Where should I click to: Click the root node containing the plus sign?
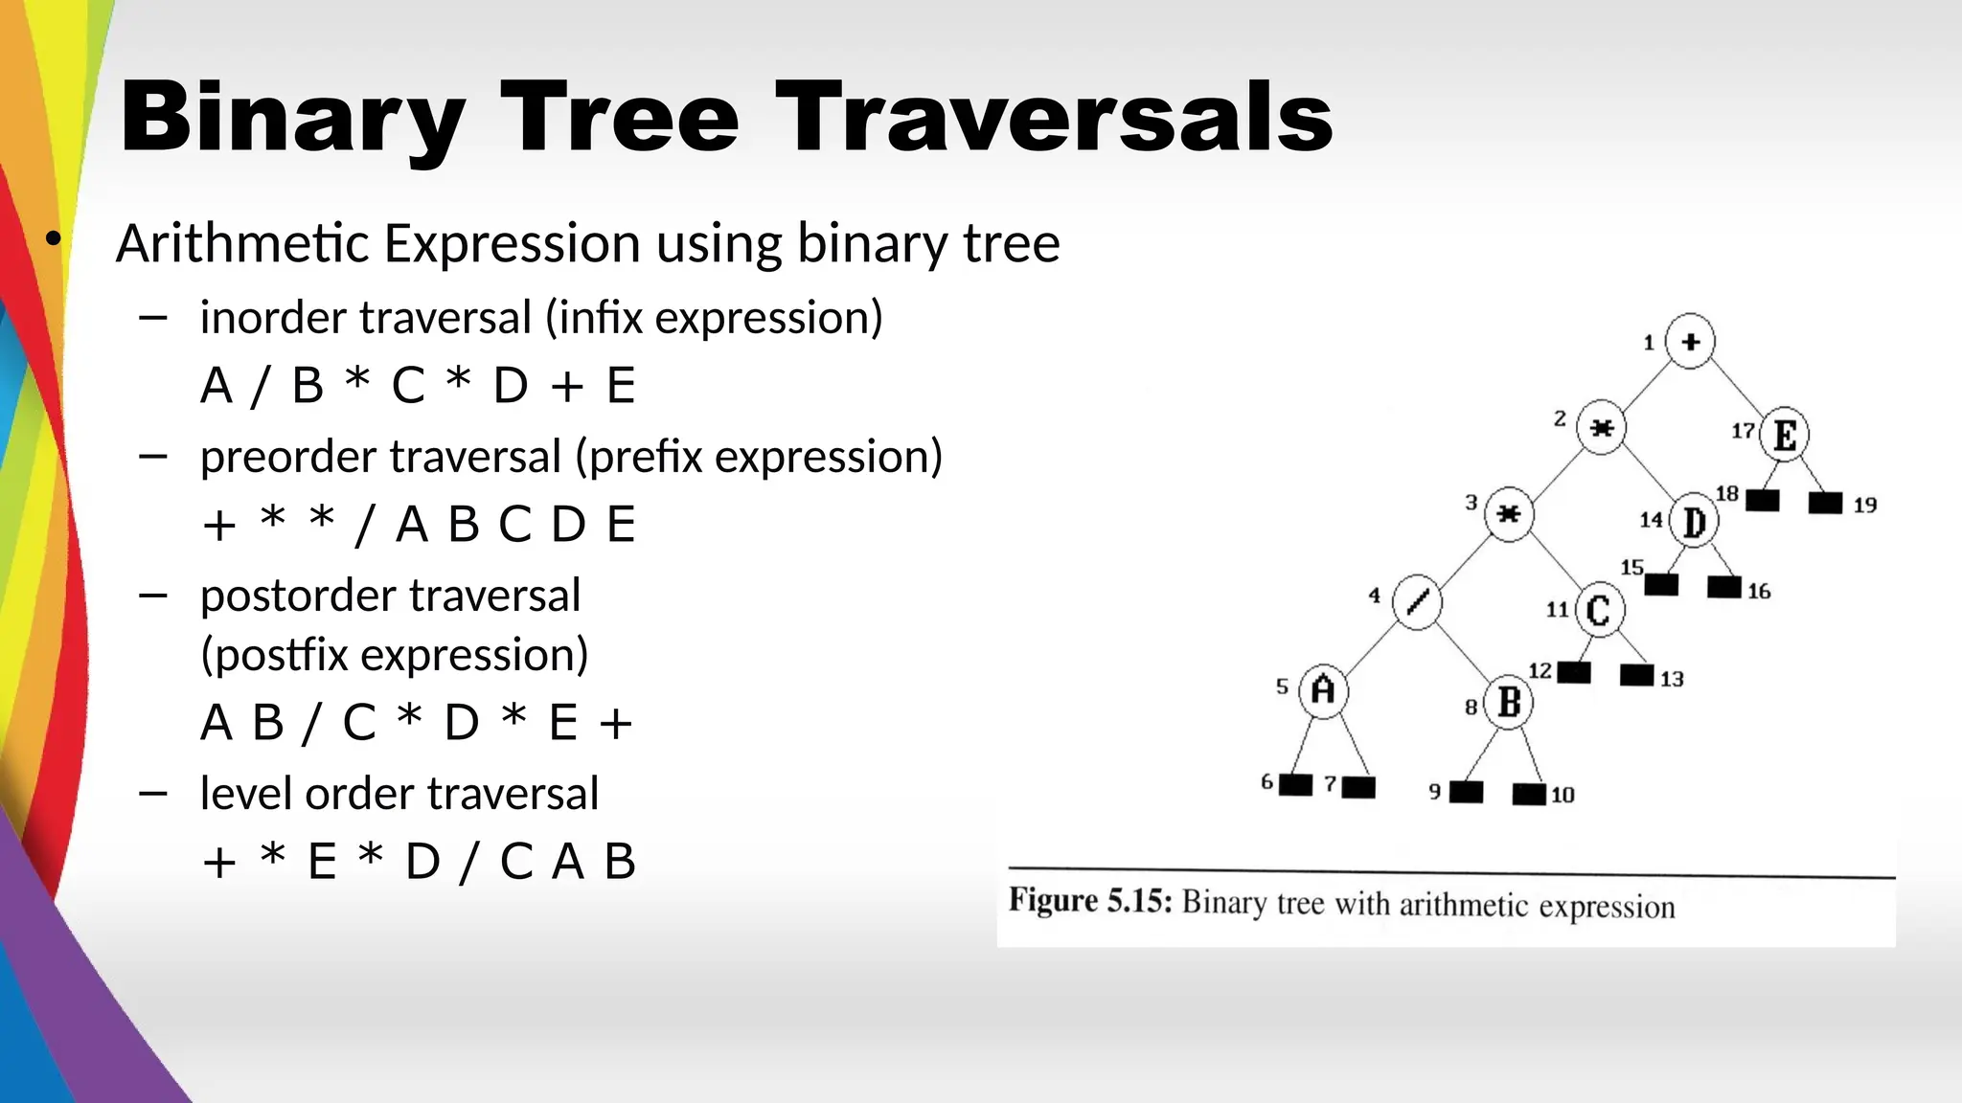point(1690,341)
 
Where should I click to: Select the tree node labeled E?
point(1784,435)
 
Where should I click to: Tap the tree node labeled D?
point(1694,522)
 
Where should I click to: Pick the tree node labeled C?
point(1599,610)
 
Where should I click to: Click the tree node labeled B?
point(1509,702)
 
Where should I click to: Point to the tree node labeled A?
point(1323,689)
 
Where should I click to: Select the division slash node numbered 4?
point(1417,601)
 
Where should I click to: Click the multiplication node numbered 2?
point(1601,427)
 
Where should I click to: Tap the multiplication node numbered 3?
point(1509,514)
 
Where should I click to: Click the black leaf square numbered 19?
point(1825,503)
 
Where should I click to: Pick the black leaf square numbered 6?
point(1295,785)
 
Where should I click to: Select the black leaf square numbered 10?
point(1529,794)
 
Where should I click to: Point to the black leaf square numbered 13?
point(1636,675)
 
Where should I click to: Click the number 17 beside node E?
point(1743,431)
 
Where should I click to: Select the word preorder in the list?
point(284,457)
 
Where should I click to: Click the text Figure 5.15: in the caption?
point(1090,901)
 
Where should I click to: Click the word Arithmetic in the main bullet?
point(242,243)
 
